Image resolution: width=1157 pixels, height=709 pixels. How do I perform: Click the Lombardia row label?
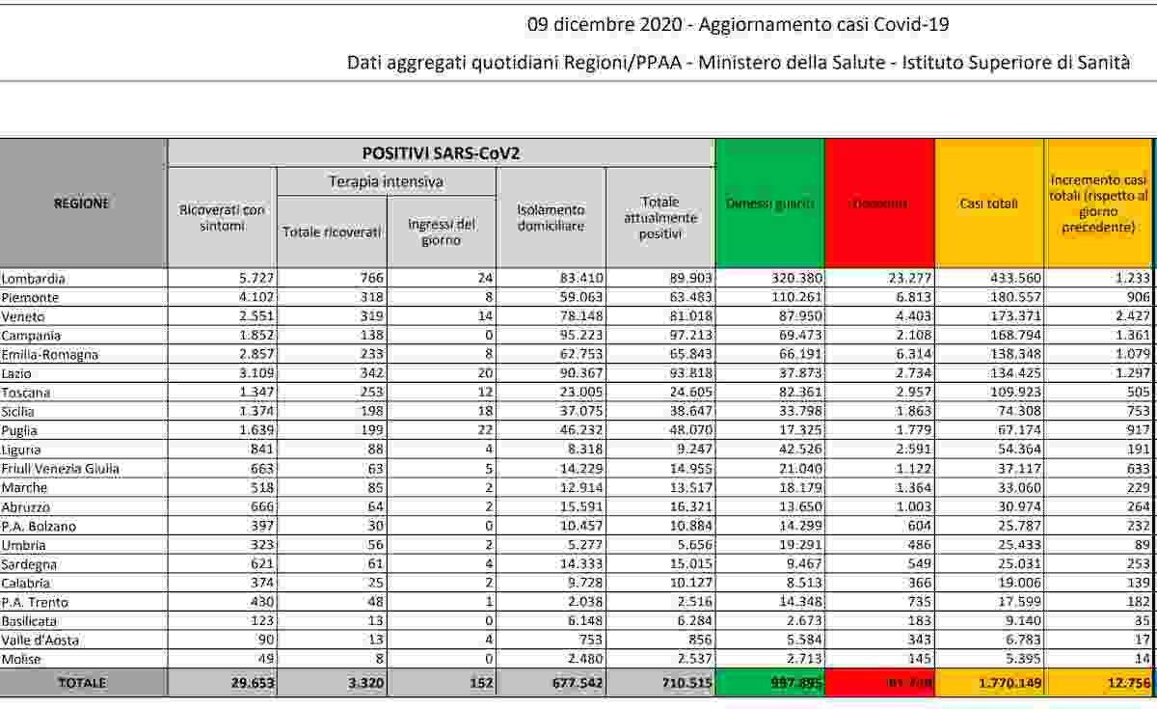click(34, 279)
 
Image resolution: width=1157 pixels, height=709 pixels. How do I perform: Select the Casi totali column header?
click(989, 204)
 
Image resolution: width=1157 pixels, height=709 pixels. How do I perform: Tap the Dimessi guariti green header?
click(769, 204)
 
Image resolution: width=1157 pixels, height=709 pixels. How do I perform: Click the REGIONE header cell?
click(82, 204)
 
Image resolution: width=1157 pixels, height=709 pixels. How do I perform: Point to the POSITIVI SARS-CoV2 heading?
click(442, 152)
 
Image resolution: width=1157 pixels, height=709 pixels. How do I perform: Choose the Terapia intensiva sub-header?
click(386, 181)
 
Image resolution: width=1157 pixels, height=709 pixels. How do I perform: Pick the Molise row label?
click(21, 659)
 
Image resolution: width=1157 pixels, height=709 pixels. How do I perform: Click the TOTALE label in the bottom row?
click(82, 683)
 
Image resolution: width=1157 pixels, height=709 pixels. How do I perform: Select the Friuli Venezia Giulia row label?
click(60, 469)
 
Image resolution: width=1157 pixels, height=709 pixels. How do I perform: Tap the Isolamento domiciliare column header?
click(551, 217)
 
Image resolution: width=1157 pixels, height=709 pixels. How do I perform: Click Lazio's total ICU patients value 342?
click(368, 373)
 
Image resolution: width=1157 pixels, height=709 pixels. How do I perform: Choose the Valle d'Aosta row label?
click(40, 641)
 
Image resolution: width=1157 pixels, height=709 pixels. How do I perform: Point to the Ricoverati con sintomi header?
click(222, 217)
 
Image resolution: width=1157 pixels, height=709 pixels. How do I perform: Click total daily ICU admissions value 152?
click(478, 683)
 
